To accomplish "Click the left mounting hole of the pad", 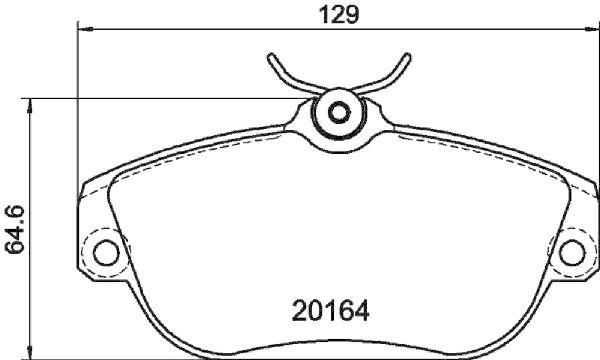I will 106,251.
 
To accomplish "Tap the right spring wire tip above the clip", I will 408,57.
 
